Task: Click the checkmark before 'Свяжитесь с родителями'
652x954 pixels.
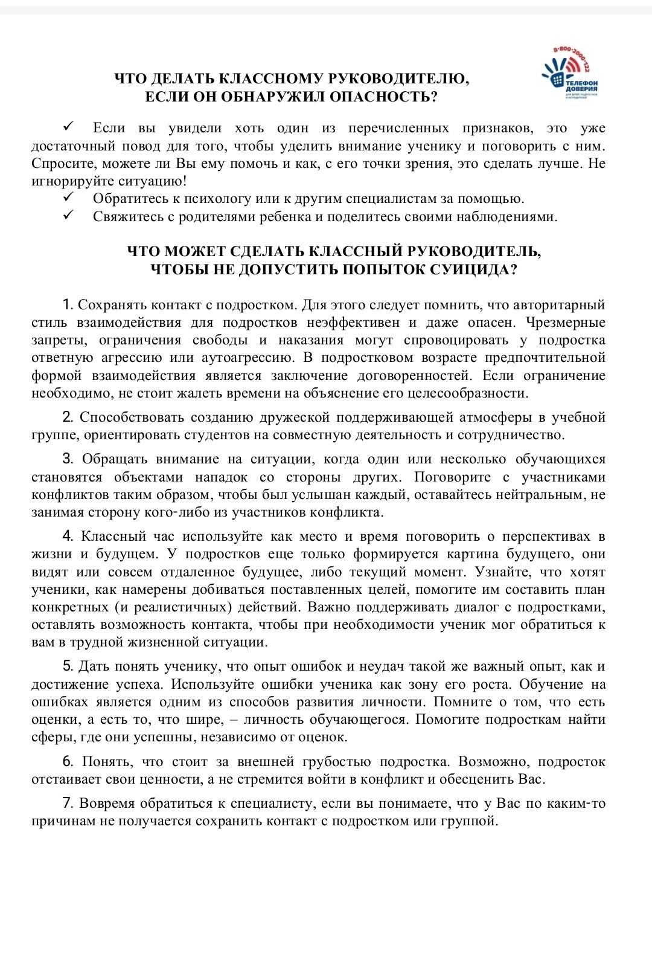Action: click(x=68, y=216)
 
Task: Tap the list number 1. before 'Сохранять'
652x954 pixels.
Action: click(x=68, y=305)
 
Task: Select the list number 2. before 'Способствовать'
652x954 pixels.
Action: click(x=68, y=417)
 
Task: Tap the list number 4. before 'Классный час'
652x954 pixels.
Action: click(x=68, y=536)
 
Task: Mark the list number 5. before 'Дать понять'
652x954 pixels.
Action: click(x=68, y=666)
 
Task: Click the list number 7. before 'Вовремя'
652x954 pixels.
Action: click(x=68, y=803)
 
